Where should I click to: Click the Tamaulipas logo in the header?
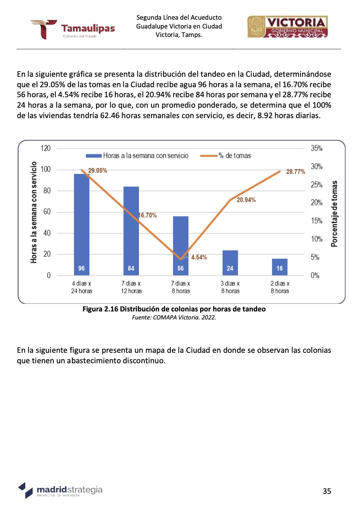72,29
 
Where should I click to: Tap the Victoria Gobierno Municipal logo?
287,27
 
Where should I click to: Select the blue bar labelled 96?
82,225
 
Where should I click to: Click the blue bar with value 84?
131,231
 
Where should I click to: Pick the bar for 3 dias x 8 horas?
230,263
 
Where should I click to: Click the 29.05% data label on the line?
98,170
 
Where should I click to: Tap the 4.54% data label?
199,258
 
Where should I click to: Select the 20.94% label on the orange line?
246,200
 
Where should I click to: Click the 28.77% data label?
296,172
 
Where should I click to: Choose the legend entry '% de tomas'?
229,156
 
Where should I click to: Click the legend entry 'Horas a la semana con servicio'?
137,156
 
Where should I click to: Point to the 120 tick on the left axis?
45,148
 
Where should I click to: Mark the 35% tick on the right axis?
317,148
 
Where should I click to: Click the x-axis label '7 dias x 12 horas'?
131,287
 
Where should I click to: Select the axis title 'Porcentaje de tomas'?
334,213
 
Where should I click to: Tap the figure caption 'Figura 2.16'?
174,309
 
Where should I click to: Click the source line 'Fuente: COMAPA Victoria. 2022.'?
174,317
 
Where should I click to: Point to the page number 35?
327,491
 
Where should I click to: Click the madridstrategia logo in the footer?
60,491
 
